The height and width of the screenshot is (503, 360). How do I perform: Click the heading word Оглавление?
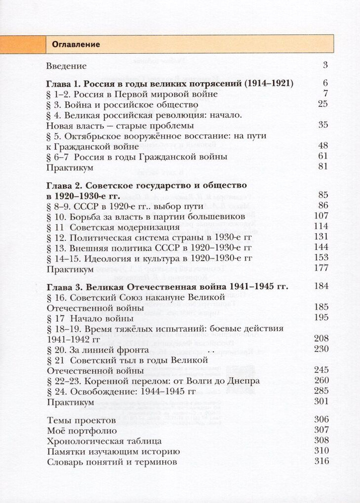coord(76,44)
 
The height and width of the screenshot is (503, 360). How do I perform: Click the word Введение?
coord(66,66)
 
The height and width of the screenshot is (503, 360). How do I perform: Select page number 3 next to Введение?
coord(325,65)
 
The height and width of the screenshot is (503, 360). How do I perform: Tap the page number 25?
coord(323,104)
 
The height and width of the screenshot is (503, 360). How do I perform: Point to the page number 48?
coord(323,146)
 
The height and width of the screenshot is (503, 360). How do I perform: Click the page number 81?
coord(323,167)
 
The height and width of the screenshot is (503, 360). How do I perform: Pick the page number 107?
coord(321,216)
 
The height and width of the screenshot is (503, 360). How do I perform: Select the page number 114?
coord(321,226)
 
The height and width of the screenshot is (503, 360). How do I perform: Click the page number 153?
coord(321,258)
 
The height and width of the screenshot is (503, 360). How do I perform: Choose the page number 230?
coord(321,349)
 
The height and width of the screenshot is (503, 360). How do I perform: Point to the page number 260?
coord(321,381)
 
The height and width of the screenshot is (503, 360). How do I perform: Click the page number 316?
coord(321,461)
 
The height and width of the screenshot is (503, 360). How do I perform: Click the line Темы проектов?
coord(81,420)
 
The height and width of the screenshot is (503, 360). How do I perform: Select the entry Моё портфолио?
coord(82,431)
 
